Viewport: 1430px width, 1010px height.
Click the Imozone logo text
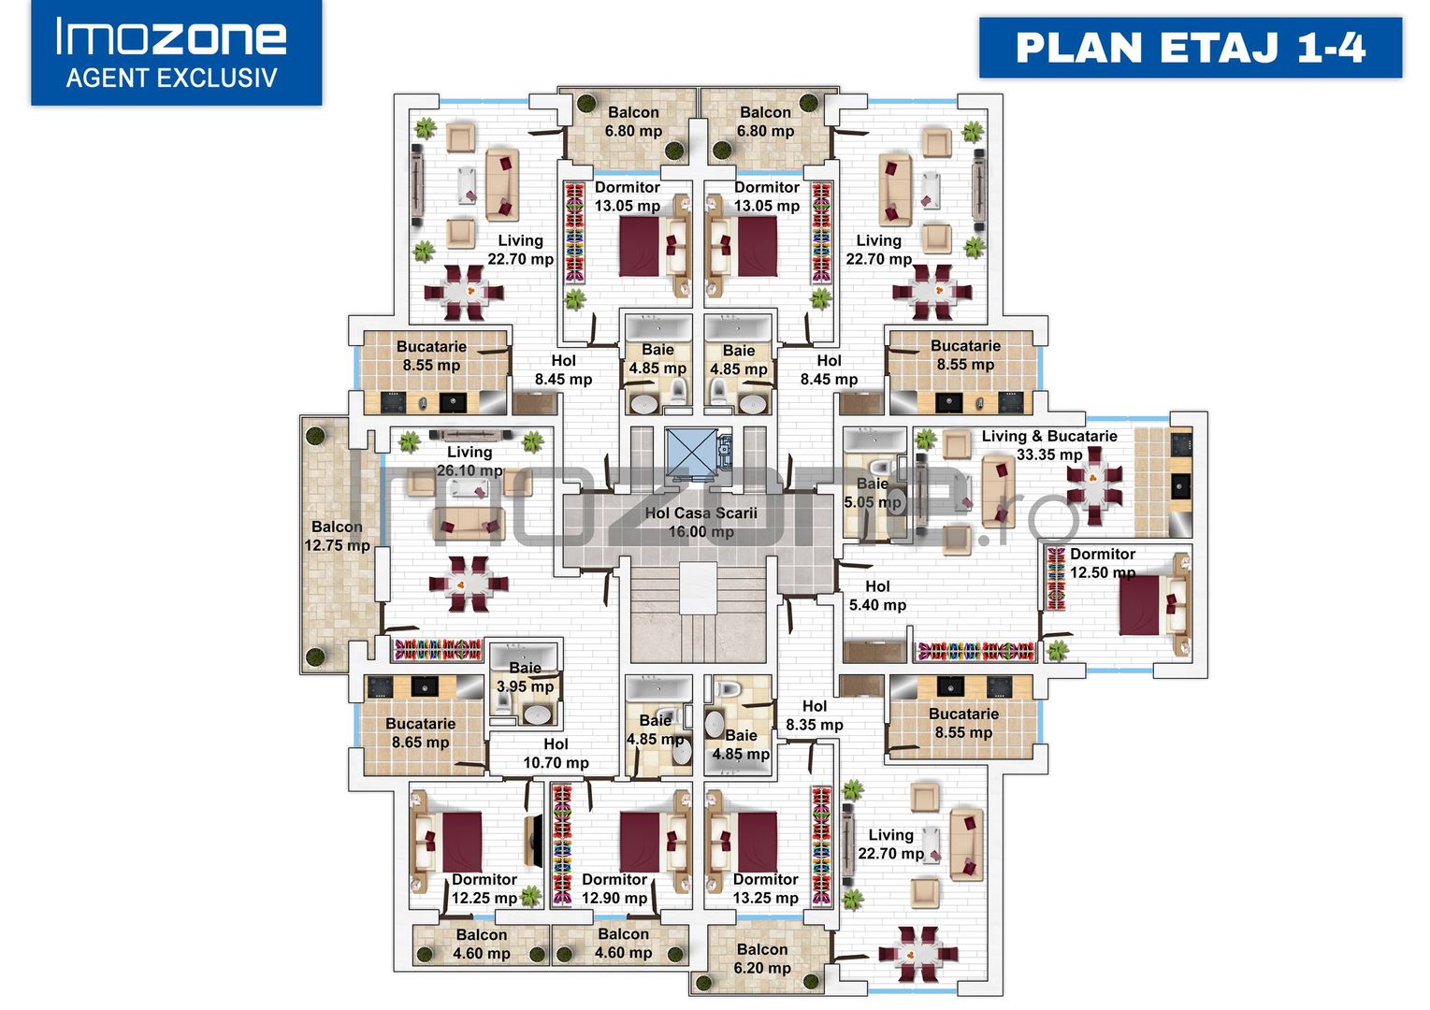(171, 37)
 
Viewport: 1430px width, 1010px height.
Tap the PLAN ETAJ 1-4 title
(1191, 48)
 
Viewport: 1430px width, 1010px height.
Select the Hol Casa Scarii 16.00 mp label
(701, 522)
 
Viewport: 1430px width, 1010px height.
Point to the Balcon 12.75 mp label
(337, 536)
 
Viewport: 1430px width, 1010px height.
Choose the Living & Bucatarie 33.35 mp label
(1049, 445)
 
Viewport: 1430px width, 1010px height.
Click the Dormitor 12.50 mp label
(1103, 563)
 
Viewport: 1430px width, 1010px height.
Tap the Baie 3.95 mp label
(526, 677)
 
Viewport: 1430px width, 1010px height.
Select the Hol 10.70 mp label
(556, 754)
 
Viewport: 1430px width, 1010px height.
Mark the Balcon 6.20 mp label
(762, 959)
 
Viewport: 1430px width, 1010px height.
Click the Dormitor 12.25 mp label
(484, 888)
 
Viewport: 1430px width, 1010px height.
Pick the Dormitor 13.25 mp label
(765, 888)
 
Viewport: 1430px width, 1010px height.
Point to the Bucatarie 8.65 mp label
(421, 733)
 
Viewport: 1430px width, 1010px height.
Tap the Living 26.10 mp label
(469, 461)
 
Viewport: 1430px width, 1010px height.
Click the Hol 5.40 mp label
(878, 596)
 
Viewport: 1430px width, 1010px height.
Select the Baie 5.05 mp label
(873, 493)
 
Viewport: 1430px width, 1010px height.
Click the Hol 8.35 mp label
(815, 715)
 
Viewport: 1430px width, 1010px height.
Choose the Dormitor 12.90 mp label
(614, 888)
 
